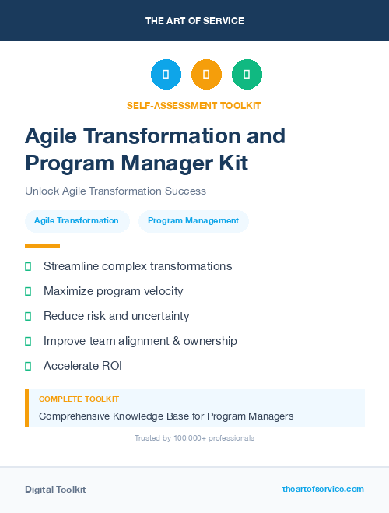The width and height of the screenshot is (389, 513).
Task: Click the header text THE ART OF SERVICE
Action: click(x=194, y=21)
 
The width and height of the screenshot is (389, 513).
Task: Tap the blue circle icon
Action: click(x=166, y=75)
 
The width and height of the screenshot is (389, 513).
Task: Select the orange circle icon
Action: click(x=206, y=75)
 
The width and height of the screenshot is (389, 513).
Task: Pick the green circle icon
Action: click(x=247, y=75)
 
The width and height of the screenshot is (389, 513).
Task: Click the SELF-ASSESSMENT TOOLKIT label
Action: click(x=194, y=105)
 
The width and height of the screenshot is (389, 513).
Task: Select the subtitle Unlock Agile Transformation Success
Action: click(x=115, y=191)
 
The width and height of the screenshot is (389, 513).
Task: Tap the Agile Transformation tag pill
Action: click(x=76, y=221)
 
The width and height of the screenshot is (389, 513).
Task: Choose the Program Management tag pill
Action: click(x=193, y=221)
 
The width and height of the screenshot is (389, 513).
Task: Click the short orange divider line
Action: click(x=42, y=246)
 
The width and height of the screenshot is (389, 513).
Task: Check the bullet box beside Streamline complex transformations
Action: click(x=28, y=266)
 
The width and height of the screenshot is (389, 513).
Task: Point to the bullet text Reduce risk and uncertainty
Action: click(x=116, y=316)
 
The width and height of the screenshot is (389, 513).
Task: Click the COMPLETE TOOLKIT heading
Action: click(x=79, y=399)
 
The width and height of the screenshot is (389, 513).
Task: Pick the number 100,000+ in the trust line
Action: click(x=184, y=438)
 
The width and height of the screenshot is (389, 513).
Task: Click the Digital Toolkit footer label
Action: click(x=55, y=490)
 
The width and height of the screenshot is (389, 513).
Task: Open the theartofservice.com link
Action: click(x=323, y=489)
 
